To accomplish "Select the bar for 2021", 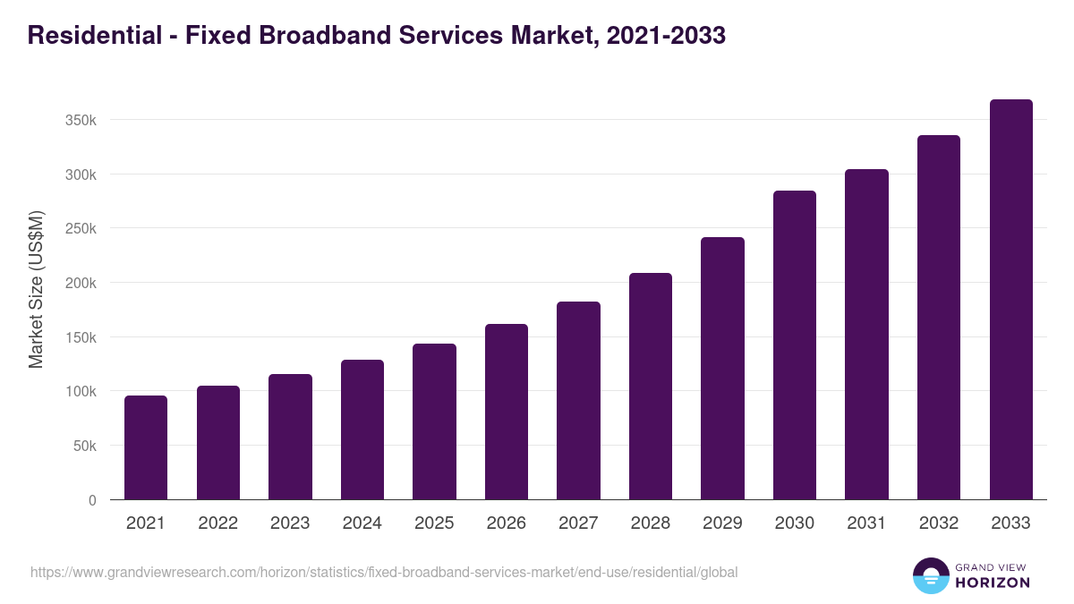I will [x=146, y=447].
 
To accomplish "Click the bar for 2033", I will [x=1010, y=300].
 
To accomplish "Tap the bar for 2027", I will [x=578, y=401].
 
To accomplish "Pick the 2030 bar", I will [x=795, y=345].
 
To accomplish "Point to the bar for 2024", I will [x=362, y=430].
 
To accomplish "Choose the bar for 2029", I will [x=722, y=369].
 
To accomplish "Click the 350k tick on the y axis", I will [x=81, y=120].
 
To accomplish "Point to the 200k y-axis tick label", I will [x=81, y=283].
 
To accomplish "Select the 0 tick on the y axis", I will [x=92, y=500].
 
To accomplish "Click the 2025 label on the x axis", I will [x=434, y=523].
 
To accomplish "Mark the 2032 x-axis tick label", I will [x=939, y=523].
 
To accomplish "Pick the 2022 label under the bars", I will [x=218, y=523].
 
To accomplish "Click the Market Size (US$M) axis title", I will [x=36, y=290].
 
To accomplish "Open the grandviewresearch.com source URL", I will [x=384, y=572].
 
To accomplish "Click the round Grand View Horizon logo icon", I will [x=930, y=575].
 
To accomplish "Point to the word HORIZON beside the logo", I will [x=993, y=583].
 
